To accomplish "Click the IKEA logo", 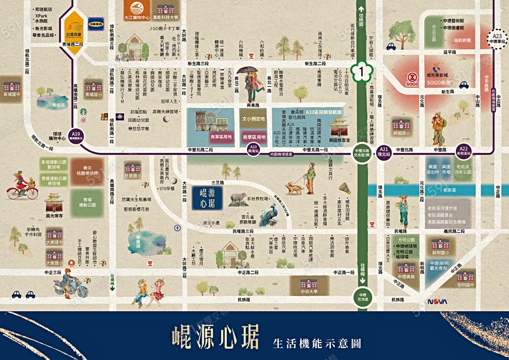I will pos(94,25).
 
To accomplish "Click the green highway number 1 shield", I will pos(360,71).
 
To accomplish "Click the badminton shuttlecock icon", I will pos(344,187).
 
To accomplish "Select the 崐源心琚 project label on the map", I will pos(207,198).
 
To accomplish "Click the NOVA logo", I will pos(437,301).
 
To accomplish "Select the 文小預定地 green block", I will pos(253,119).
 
